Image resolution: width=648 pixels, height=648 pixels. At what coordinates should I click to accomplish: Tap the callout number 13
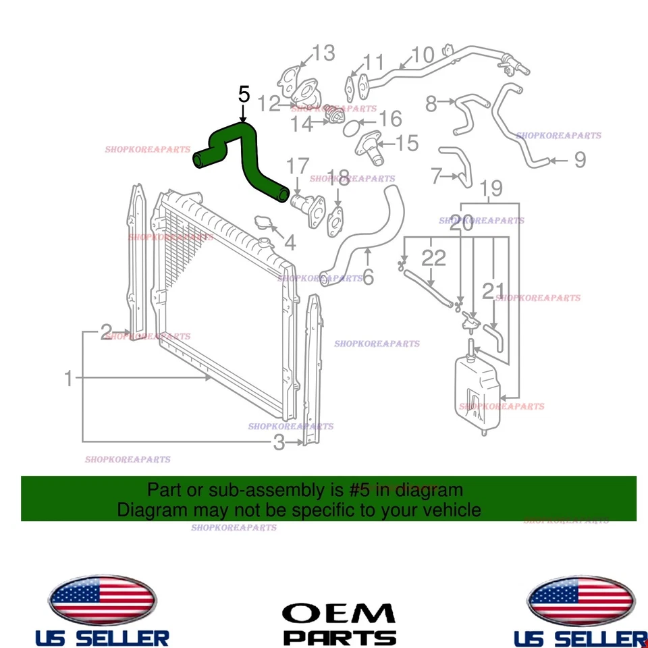tap(323, 53)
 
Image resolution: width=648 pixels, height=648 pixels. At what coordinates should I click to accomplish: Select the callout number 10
tap(423, 55)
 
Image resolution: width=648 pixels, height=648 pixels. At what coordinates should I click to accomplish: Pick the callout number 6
tap(368, 277)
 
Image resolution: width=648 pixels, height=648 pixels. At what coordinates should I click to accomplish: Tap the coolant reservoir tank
tap(477, 391)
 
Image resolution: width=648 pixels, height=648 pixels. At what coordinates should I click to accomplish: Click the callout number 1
tap(68, 379)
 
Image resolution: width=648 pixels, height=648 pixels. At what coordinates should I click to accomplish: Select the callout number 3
tap(279, 443)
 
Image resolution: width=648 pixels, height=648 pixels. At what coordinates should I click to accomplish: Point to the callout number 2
tap(106, 331)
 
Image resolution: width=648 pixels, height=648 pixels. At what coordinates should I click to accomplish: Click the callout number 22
tap(434, 257)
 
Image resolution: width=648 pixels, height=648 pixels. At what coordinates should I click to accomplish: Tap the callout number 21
tap(493, 292)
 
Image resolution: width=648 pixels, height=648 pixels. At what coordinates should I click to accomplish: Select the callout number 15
tap(407, 143)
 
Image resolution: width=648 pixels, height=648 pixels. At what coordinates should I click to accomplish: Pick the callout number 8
tap(431, 104)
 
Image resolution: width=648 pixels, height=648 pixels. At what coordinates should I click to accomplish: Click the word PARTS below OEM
tap(339, 637)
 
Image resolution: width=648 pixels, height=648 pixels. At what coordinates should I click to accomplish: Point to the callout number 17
tap(298, 166)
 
